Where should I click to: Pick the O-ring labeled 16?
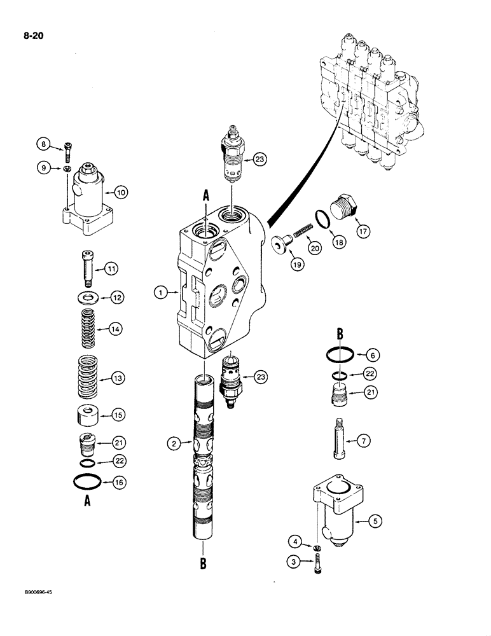[x=85, y=483]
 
